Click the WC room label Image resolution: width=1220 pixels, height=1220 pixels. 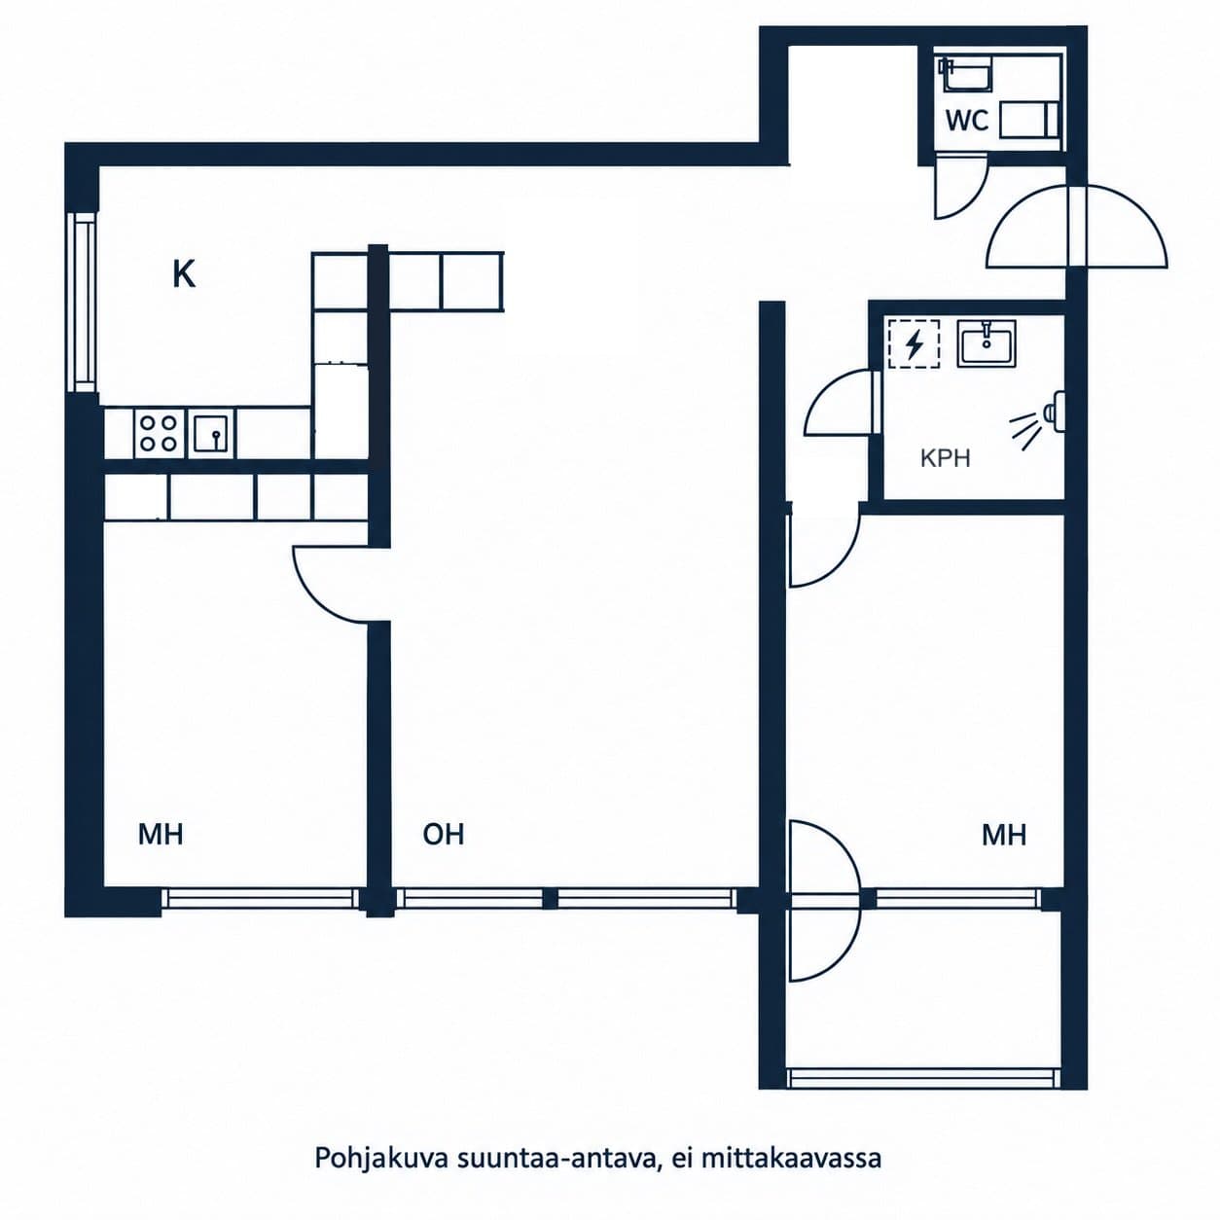coord(967,120)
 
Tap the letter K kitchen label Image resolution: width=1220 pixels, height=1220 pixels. coord(184,275)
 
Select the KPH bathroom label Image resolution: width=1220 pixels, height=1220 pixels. coord(946,458)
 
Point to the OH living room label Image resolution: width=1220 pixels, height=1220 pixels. coord(444,835)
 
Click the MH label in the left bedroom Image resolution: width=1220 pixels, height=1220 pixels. coord(161,835)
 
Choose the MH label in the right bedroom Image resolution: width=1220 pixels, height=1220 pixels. coord(1004,835)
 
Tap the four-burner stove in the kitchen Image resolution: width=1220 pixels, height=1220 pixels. coord(159,433)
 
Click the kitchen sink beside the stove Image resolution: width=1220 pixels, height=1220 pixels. coord(211,433)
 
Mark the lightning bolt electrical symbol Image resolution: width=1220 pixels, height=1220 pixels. coord(914,344)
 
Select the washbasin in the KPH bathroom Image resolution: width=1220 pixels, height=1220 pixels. coord(987,343)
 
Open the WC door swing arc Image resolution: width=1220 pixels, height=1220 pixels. coord(972,201)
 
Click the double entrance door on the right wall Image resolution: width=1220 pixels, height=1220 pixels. coord(1076,227)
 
